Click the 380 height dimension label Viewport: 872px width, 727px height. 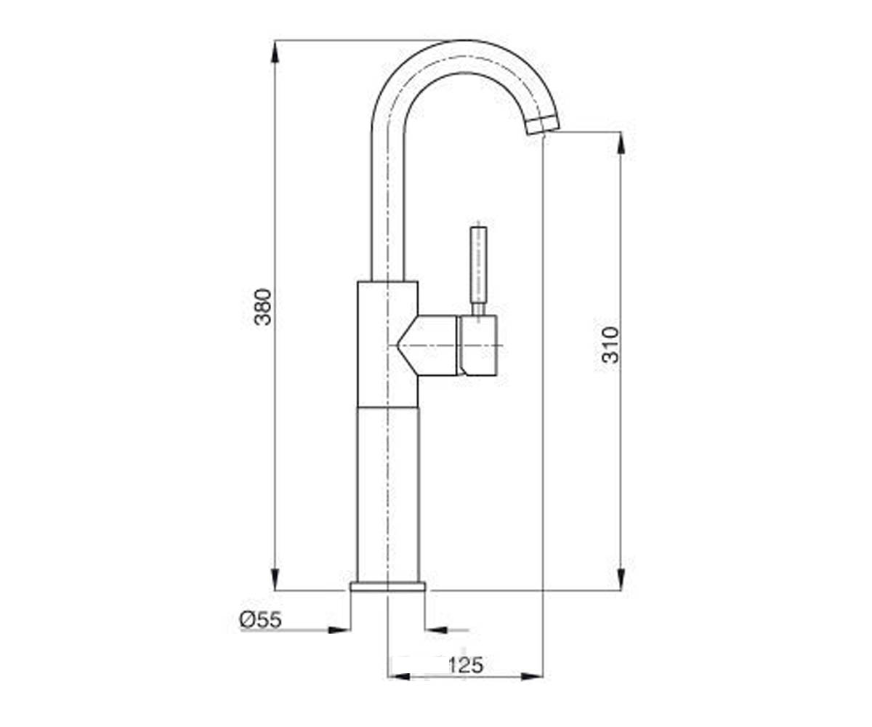pyautogui.click(x=263, y=307)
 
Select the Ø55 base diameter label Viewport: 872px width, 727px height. pyautogui.click(x=261, y=619)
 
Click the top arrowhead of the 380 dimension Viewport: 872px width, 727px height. pyautogui.click(x=275, y=52)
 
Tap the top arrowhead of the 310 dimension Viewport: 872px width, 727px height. pyautogui.click(x=621, y=143)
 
